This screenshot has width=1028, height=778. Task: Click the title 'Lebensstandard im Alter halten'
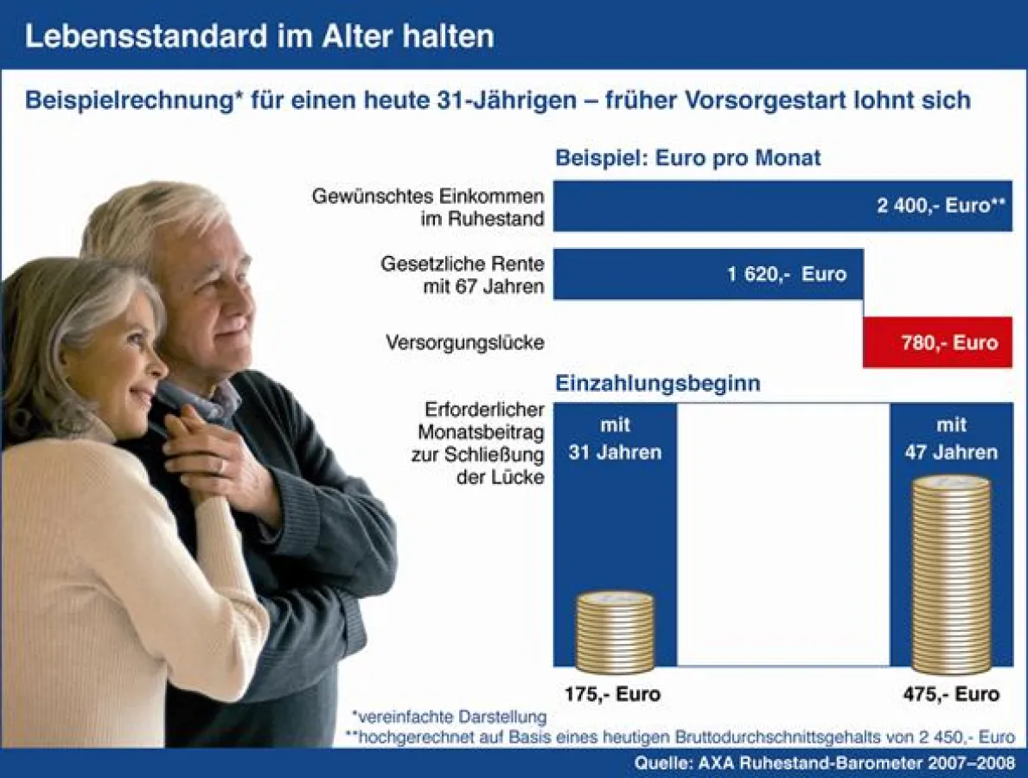[259, 36]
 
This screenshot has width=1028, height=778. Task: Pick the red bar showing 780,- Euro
[937, 342]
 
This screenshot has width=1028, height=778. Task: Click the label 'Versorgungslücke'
[465, 343]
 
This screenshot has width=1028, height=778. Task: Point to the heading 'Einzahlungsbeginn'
[657, 384]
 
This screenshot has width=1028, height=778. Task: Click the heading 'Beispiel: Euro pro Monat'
[687, 159]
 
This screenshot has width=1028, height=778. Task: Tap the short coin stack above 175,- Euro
[615, 633]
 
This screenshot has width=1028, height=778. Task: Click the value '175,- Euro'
[613, 694]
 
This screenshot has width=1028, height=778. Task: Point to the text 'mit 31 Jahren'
[615, 438]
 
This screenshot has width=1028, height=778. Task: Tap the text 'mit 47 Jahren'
[951, 438]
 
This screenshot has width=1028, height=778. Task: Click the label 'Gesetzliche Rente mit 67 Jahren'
[463, 275]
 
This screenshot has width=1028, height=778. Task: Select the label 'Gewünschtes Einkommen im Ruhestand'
[429, 207]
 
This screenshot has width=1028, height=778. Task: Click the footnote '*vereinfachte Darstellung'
[449, 717]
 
